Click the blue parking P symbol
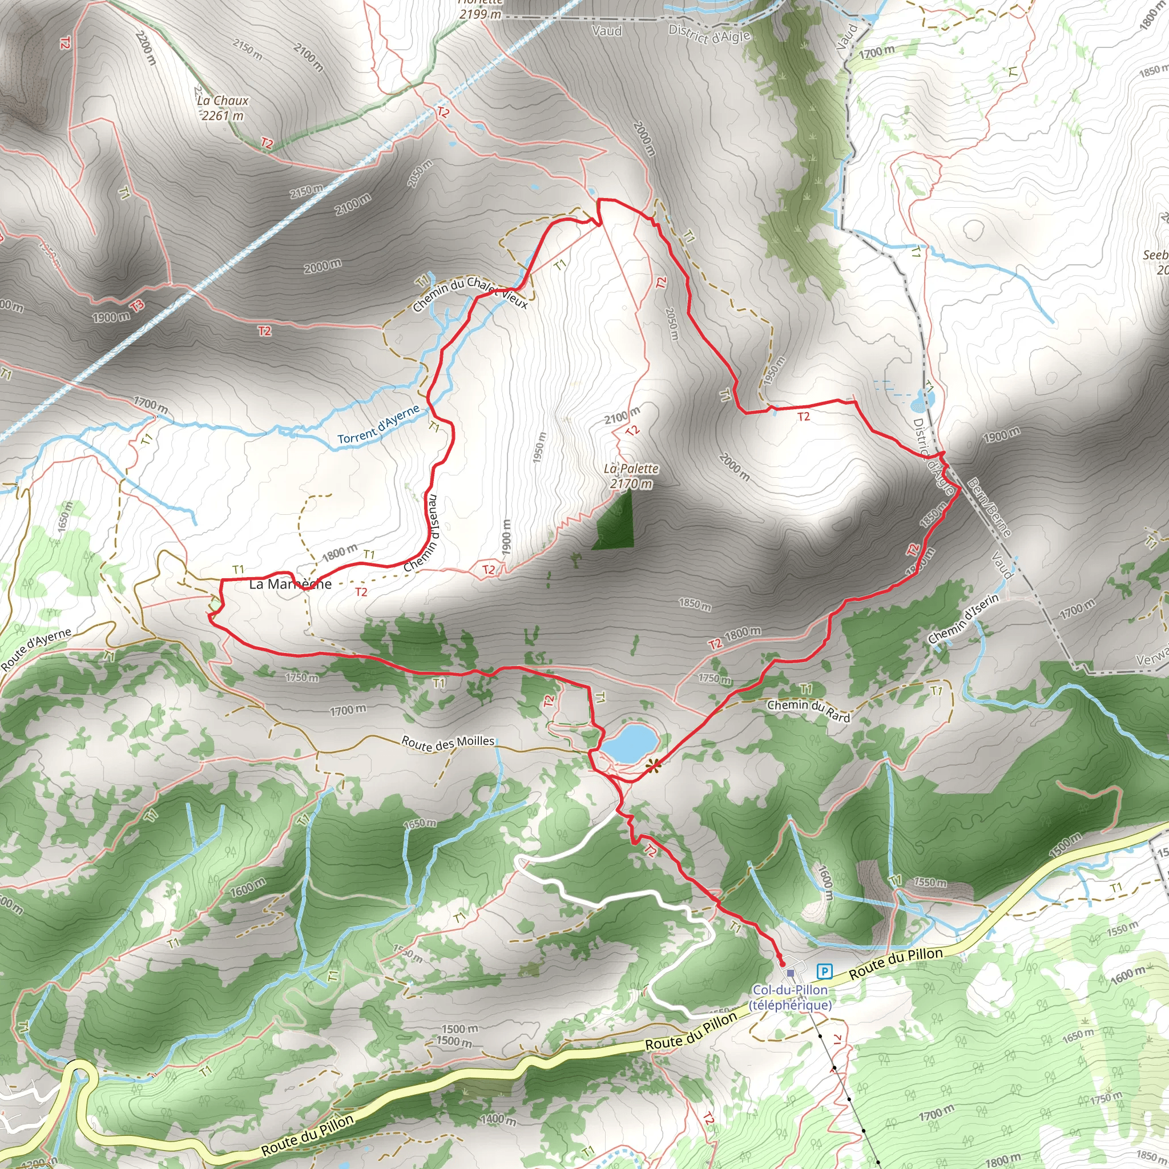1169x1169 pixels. [x=824, y=972]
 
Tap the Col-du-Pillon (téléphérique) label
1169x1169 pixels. [x=790, y=997]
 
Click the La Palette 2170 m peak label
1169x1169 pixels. [x=631, y=475]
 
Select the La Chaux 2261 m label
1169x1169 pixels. [x=223, y=108]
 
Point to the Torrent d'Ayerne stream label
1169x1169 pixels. [x=378, y=425]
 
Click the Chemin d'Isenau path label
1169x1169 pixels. [x=422, y=533]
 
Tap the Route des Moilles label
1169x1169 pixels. [x=448, y=743]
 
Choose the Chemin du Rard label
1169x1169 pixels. [x=808, y=710]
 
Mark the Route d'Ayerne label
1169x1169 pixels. [x=36, y=649]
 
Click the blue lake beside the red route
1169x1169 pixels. [x=628, y=743]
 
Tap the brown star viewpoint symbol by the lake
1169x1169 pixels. [x=652, y=767]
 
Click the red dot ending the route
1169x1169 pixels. [x=782, y=964]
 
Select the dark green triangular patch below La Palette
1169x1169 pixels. [x=616, y=524]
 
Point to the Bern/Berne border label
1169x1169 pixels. [x=989, y=507]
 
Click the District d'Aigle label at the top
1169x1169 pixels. [x=709, y=34]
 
